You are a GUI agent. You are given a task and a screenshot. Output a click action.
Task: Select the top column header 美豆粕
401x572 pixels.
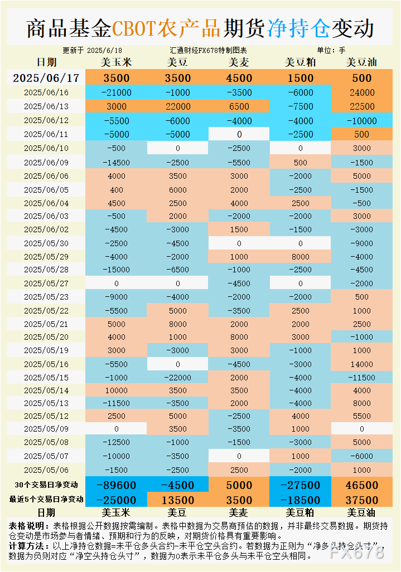[300, 62]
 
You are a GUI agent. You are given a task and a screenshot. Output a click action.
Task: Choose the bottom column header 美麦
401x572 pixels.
[239, 512]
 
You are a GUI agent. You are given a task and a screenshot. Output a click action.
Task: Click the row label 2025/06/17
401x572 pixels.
[46, 78]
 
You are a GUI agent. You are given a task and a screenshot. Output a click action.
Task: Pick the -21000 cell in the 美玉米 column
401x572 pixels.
[117, 92]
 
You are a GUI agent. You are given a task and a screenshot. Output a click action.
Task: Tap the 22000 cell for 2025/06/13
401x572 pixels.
[178, 106]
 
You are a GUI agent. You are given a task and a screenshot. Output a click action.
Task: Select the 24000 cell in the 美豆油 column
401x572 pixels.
[361, 92]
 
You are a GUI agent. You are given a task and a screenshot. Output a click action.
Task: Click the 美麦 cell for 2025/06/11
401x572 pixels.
[239, 134]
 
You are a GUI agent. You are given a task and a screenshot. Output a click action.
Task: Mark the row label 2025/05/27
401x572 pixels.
[46, 283]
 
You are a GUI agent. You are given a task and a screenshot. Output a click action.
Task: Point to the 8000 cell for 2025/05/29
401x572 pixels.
[300, 257]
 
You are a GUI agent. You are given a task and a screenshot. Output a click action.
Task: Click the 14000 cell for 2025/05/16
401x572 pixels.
[361, 364]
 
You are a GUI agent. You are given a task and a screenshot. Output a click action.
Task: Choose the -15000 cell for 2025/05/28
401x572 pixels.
[117, 270]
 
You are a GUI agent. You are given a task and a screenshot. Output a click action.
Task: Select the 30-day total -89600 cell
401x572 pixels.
[117, 485]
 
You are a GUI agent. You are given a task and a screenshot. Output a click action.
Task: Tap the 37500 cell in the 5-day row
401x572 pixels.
[361, 500]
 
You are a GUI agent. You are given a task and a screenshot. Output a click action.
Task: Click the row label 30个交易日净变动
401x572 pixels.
[46, 485]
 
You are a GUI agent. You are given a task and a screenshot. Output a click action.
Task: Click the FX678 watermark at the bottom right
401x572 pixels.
[357, 553]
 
